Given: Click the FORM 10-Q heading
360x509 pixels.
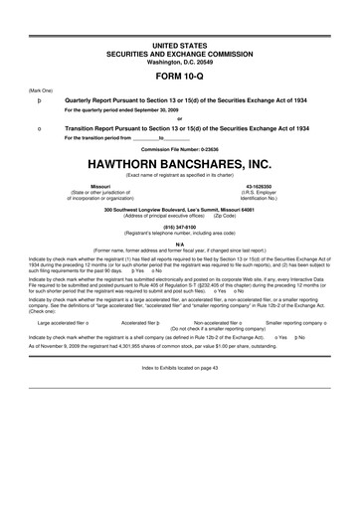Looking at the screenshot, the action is tap(180, 75).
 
